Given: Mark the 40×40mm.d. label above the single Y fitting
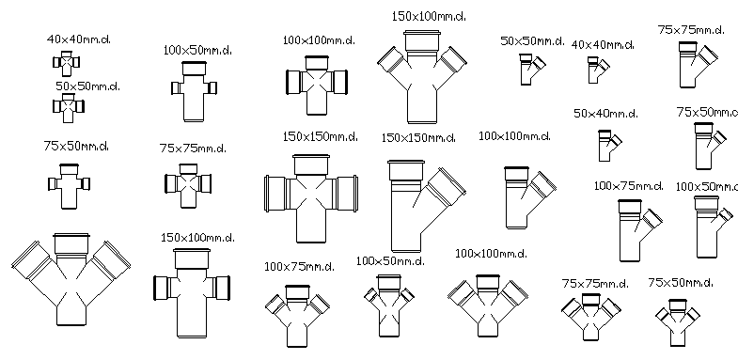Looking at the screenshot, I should pos(603,44).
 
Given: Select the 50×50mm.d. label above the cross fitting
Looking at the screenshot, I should pos(87,86).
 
